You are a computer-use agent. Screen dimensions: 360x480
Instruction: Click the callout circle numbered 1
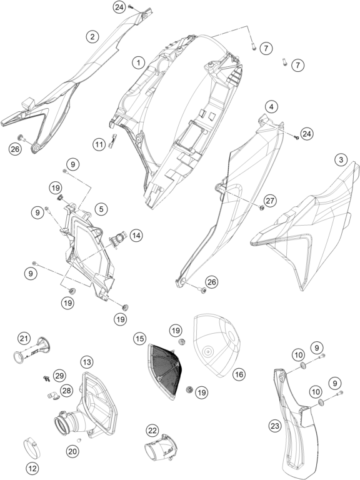139,63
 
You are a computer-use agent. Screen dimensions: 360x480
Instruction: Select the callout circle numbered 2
92,37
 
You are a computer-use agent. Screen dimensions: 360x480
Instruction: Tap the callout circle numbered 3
341,159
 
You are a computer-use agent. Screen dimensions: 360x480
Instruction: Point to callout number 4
271,107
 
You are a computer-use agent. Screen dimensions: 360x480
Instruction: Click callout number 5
101,209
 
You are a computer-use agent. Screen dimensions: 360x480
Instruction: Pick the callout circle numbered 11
99,144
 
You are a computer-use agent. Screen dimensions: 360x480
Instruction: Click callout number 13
87,362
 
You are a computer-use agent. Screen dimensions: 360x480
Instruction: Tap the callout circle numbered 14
136,236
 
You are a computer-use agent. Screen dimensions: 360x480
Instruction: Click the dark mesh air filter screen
165,371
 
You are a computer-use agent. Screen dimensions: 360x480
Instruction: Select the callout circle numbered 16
239,374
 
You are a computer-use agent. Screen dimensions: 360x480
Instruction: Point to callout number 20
72,451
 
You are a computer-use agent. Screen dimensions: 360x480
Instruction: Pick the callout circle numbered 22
152,431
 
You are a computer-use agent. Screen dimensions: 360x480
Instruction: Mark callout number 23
275,426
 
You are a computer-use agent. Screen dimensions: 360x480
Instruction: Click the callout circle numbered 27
271,201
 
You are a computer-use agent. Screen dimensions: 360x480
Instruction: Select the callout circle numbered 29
59,375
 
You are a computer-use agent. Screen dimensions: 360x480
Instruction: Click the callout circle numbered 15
139,339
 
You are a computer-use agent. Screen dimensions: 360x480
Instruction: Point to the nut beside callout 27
262,208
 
